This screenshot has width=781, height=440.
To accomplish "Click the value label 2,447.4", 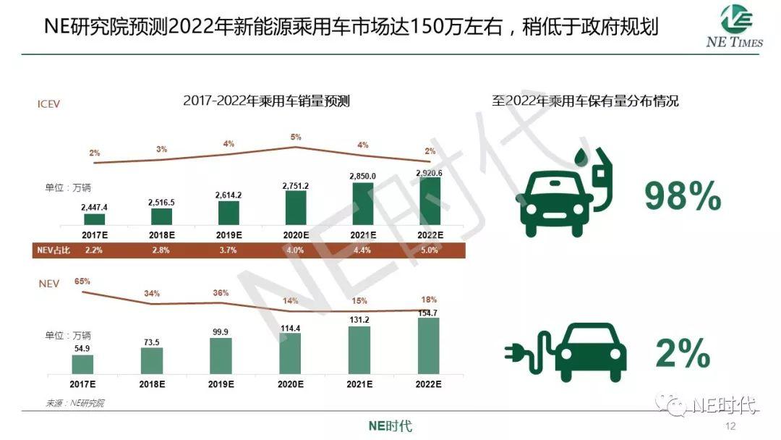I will tap(95, 207).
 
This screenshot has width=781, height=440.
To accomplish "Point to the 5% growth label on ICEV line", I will tap(296, 137).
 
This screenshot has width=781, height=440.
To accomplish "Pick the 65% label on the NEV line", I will tap(81, 281).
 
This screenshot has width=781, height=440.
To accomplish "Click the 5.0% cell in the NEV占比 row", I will tap(430, 250).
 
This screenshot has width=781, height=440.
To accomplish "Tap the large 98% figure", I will tap(683, 196).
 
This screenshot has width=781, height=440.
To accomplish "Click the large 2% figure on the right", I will tap(683, 354).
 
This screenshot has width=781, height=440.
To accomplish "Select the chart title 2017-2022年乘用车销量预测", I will tap(266, 101).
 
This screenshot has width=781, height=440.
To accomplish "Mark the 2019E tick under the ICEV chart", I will tap(229, 235).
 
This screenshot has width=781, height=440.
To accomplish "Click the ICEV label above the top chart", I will tap(48, 103).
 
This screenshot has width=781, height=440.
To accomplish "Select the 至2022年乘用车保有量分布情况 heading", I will tap(586, 101).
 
